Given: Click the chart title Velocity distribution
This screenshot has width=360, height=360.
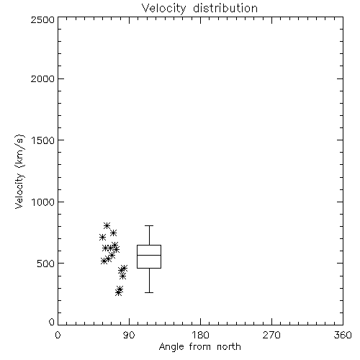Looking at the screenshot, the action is (x=199, y=8).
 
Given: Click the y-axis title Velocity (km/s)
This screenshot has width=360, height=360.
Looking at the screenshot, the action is (x=19, y=171).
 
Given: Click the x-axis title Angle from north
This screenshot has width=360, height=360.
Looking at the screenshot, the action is (x=199, y=347).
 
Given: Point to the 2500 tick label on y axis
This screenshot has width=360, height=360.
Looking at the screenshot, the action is (x=42, y=19).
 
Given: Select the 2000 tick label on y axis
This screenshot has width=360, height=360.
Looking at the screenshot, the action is (x=42, y=78).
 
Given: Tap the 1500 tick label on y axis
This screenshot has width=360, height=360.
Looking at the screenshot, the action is (x=43, y=140).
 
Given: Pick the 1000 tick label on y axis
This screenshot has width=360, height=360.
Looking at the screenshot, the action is (x=43, y=202).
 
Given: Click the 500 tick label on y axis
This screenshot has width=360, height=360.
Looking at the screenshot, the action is (x=46, y=264).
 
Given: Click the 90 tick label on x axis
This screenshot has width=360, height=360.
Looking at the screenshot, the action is (x=129, y=335).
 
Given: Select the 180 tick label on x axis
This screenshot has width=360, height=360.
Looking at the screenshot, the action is (x=200, y=335).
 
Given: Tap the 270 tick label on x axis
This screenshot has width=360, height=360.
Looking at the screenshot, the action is (x=271, y=335).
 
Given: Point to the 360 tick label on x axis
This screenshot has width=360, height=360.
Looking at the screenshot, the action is (x=343, y=335).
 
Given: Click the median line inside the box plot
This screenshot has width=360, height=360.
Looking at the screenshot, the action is (x=149, y=255).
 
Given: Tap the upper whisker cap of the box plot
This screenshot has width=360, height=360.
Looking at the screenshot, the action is (x=149, y=225).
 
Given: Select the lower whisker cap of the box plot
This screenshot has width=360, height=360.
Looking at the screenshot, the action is (x=149, y=292).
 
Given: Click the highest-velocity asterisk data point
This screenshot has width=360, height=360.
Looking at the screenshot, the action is (x=107, y=225).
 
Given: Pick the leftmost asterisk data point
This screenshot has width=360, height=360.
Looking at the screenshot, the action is (x=102, y=238).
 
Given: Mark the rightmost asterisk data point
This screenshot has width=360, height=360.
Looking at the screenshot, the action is (x=124, y=268).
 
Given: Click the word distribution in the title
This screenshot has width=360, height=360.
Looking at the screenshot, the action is (x=225, y=8).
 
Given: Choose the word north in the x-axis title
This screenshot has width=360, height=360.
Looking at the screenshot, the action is (x=229, y=347).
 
